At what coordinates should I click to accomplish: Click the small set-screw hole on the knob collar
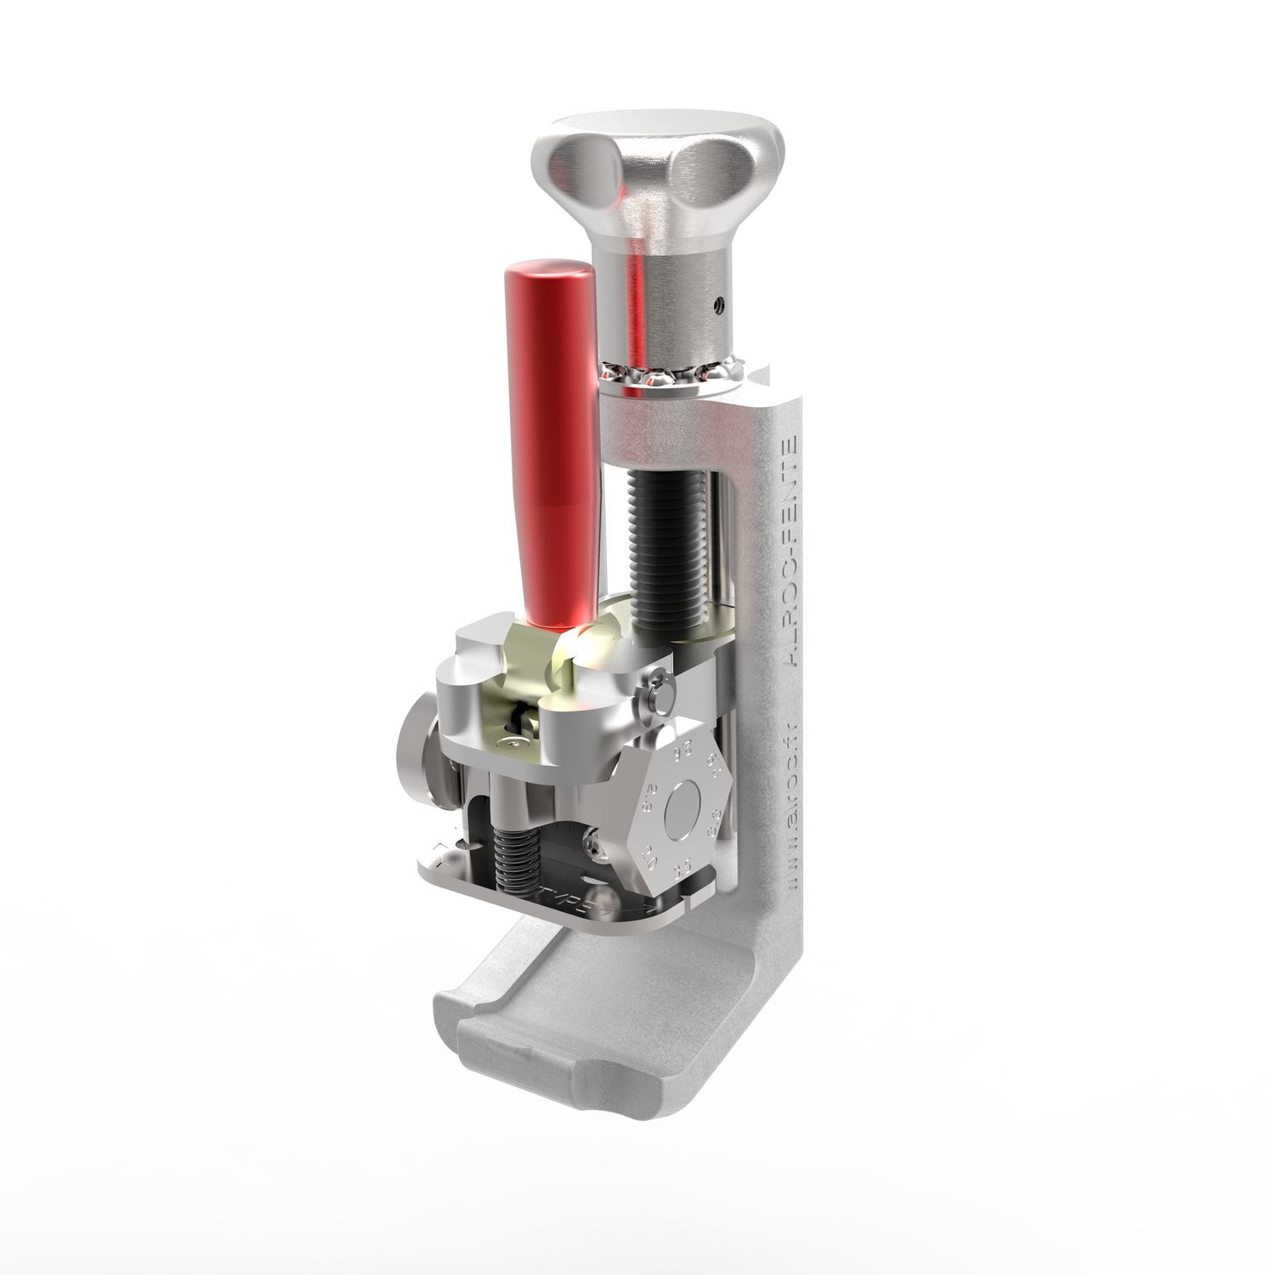720,303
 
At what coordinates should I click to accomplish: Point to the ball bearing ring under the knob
671,375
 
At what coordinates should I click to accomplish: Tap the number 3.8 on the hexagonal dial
715,823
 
